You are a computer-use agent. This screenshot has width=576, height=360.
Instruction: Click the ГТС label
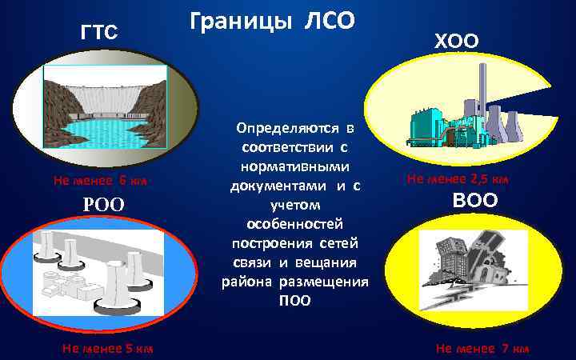[x=99, y=33]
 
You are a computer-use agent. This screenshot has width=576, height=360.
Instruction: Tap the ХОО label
[x=457, y=39]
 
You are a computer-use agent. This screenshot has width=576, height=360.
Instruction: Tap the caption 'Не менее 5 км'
[x=107, y=348]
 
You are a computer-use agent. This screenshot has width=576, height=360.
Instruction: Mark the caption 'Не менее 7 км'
[x=482, y=348]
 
